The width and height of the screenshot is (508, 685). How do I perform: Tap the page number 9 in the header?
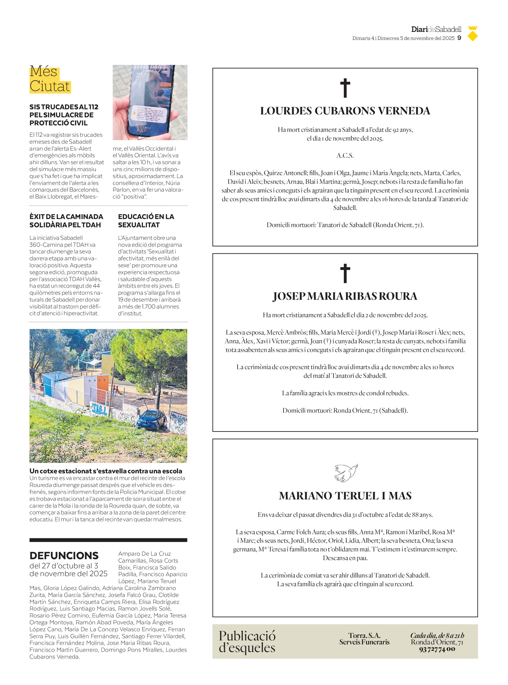point(459,38)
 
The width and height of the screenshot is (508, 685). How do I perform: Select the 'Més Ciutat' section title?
point(50,79)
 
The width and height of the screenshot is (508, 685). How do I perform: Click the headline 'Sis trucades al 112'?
point(64,115)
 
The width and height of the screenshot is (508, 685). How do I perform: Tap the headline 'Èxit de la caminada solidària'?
point(66,221)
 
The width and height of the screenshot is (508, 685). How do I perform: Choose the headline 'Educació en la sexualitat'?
point(146,221)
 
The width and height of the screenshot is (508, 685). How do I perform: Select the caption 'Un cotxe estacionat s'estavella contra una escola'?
point(106,471)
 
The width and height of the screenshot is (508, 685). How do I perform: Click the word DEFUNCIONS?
point(64,555)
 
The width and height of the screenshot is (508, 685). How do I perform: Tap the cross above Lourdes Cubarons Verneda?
point(345,88)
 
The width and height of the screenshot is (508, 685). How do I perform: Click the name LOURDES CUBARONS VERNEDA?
point(345,111)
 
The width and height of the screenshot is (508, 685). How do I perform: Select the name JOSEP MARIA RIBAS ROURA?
point(345,296)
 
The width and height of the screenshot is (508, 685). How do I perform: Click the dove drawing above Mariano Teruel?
point(346,473)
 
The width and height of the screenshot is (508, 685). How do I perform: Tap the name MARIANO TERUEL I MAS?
point(345,496)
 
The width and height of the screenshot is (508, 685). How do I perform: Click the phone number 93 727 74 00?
point(437,649)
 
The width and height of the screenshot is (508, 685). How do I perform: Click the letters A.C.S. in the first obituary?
point(345,155)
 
